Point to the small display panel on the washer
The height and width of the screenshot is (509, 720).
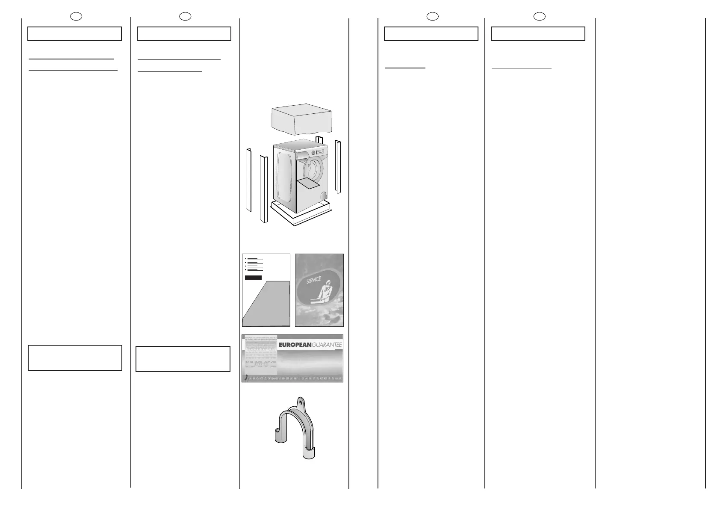tap(321, 151)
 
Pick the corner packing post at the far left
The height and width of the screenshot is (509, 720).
tap(248, 180)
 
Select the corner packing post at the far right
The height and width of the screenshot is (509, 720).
tap(338, 166)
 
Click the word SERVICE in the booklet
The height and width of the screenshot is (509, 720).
tap(313, 281)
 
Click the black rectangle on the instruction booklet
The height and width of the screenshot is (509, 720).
tap(253, 278)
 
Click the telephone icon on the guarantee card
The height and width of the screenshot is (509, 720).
tap(245, 378)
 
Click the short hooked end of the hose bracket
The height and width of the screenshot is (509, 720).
tap(278, 434)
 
